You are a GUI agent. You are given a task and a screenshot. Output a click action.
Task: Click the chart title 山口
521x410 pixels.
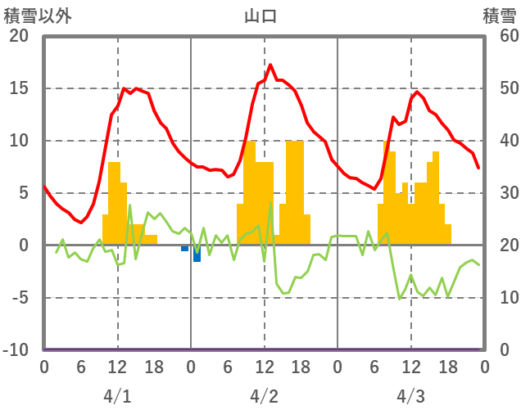260,16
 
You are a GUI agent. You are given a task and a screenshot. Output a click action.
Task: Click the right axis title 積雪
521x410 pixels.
499,16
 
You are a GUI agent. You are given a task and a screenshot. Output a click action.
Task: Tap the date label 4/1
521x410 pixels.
117,396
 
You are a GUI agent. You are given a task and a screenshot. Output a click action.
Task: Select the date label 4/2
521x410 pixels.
264,396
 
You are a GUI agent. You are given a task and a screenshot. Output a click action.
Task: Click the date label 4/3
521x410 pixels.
410,396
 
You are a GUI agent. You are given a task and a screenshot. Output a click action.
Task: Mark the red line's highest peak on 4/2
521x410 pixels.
270,65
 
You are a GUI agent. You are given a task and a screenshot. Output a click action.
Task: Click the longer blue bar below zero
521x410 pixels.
197,254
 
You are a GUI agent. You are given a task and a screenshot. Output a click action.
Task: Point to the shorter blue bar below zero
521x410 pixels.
185,248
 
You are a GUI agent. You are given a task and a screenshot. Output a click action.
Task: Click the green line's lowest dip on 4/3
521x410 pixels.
399,299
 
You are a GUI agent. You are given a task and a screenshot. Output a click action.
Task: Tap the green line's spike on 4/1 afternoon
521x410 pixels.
129,205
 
